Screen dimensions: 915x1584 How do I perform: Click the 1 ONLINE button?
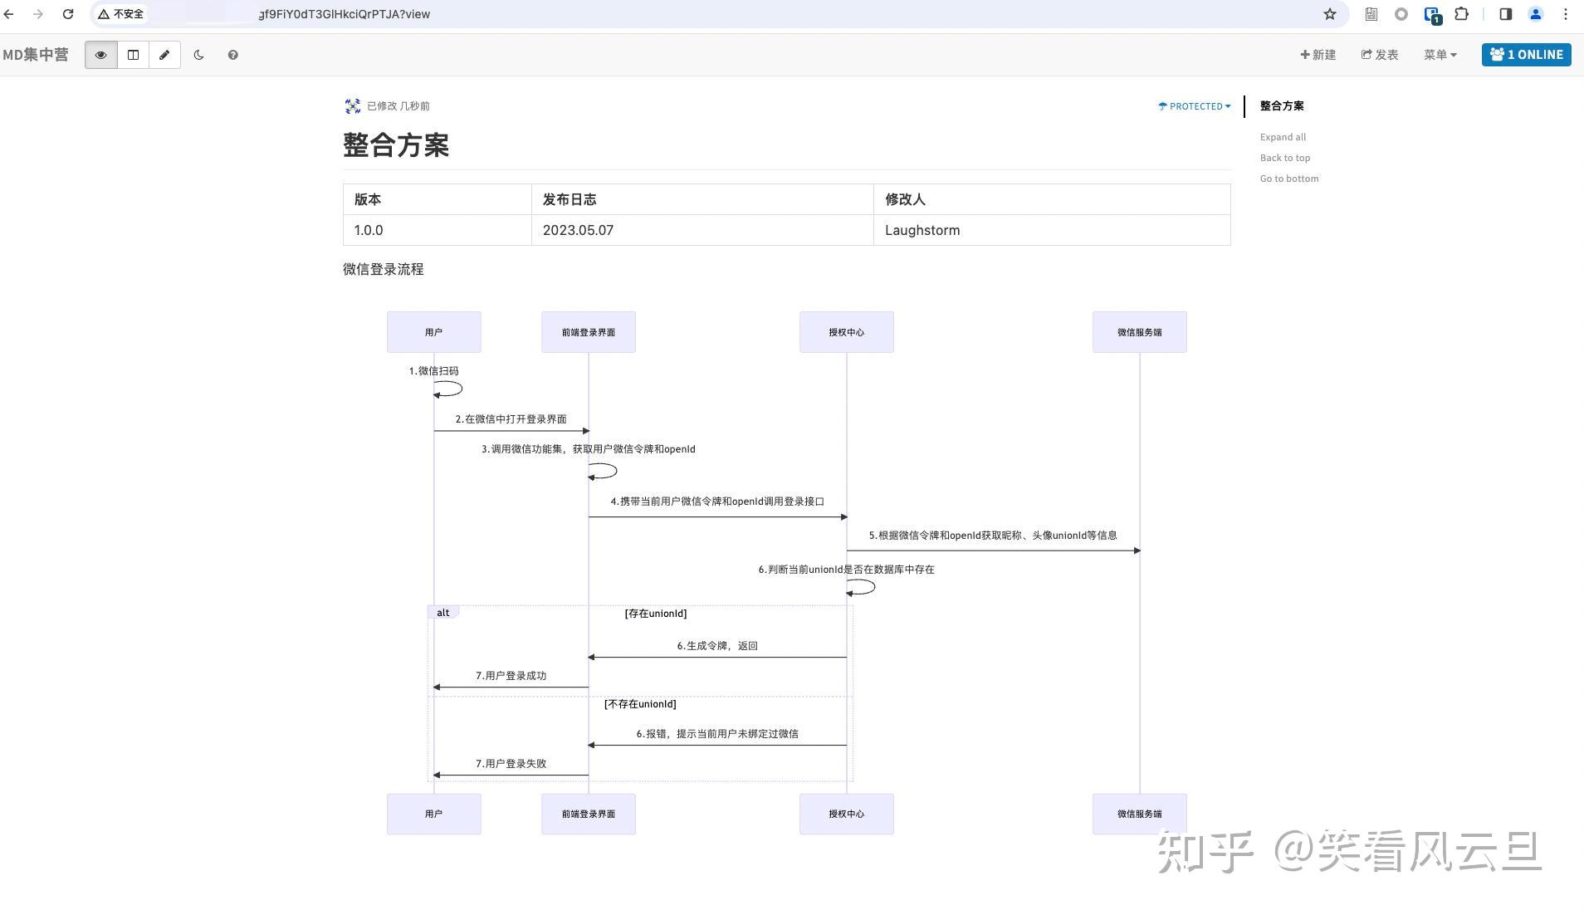click(1526, 55)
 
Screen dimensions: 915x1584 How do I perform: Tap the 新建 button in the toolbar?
click(1318, 55)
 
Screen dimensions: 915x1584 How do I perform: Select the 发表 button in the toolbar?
click(1380, 55)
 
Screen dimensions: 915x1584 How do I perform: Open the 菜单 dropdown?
click(1440, 55)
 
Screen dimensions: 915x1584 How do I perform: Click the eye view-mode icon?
click(100, 55)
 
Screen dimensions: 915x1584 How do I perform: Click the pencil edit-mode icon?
click(164, 55)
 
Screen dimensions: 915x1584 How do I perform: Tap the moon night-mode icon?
click(198, 55)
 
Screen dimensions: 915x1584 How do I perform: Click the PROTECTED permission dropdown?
click(1195, 106)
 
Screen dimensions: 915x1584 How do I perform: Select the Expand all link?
click(1283, 137)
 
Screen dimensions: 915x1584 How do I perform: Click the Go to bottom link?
click(1288, 179)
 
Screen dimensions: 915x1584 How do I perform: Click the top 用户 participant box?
click(433, 332)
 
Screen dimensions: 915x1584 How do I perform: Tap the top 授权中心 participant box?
click(846, 332)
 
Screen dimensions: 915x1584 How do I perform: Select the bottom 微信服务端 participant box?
click(1139, 814)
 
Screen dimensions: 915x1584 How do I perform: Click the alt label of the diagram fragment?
click(443, 613)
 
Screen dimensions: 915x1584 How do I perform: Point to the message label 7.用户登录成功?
click(511, 676)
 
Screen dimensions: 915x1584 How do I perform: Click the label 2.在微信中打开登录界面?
click(511, 419)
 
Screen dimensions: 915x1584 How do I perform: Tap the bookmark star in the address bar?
click(1330, 14)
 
